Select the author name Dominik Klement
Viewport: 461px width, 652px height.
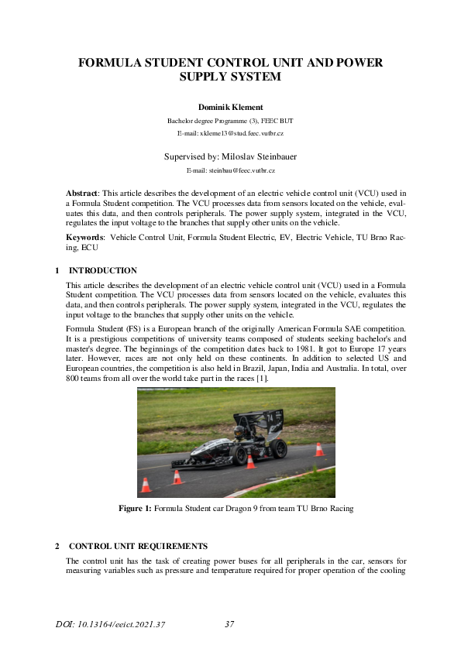pyautogui.click(x=230, y=106)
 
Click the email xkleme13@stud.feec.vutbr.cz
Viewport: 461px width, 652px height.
pyautogui.click(x=230, y=134)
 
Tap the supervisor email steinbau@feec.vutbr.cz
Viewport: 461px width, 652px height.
pyautogui.click(x=231, y=169)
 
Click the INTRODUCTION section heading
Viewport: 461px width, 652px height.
pyautogui.click(x=103, y=271)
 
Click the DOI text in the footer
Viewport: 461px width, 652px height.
pyautogui.click(x=111, y=624)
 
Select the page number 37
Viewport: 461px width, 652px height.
pyautogui.click(x=229, y=624)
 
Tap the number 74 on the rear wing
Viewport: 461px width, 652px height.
pyautogui.click(x=270, y=417)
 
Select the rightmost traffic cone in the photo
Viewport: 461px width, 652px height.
pyautogui.click(x=319, y=449)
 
